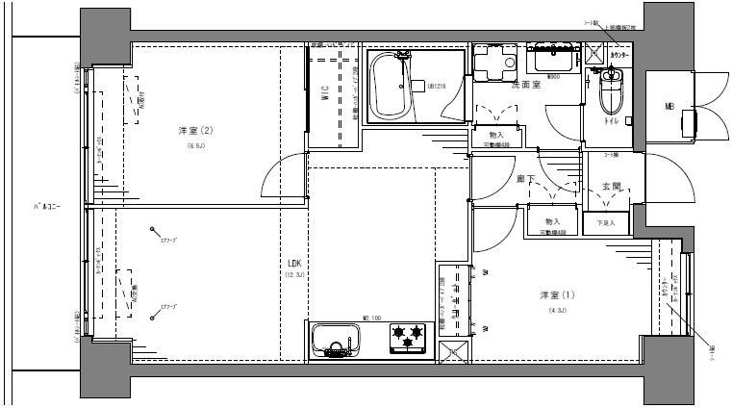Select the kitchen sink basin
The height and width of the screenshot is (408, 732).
click(x=335, y=340)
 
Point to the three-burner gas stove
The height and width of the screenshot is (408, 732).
click(x=407, y=338)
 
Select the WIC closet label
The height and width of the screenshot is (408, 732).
click(x=326, y=95)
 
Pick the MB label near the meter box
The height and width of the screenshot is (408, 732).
click(x=667, y=106)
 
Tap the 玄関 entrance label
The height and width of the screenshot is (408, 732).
click(x=611, y=186)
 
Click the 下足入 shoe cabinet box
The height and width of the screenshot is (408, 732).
click(x=604, y=222)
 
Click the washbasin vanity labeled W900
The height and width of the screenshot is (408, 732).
click(x=555, y=63)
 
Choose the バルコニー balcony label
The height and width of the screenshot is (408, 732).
click(x=46, y=207)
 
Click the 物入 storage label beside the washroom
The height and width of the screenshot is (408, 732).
click(x=496, y=135)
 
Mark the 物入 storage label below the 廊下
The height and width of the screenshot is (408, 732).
click(x=552, y=221)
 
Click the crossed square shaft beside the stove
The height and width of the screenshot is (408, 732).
click(x=453, y=351)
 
